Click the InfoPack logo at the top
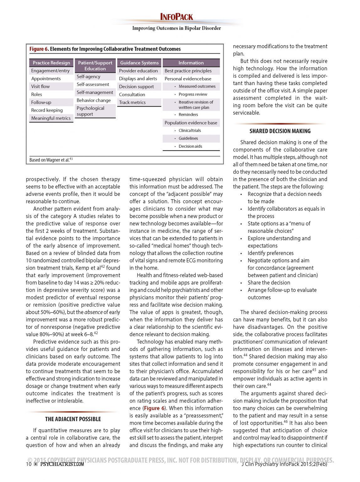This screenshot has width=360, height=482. point(177,17)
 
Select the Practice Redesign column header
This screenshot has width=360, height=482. point(51,63)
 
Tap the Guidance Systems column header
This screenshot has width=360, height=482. point(139,63)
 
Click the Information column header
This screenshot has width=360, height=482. point(191,63)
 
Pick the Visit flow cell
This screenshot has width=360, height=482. point(40,86)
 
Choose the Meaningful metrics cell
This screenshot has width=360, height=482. point(51,118)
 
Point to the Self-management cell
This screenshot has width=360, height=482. point(95,92)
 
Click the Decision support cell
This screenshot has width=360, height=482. point(136,87)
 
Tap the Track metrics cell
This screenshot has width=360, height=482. point(132,102)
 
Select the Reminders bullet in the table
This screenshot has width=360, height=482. point(188,115)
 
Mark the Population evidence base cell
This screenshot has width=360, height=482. point(191,123)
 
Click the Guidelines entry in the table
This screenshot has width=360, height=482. point(188,138)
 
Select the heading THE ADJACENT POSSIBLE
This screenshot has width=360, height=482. point(73,419)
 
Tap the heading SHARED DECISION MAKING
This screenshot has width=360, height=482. point(280,131)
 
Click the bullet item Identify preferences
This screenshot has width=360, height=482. point(271,253)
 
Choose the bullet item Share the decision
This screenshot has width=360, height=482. point(269,282)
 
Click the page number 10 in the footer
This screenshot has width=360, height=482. point(29,464)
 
